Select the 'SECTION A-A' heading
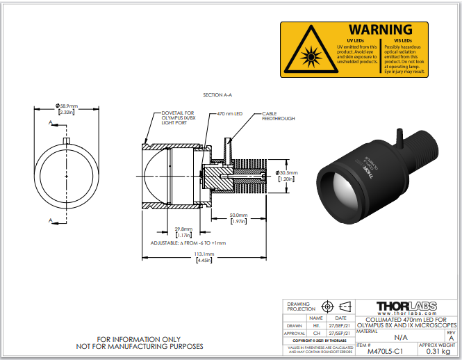point(217,95)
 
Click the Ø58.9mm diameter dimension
point(67,106)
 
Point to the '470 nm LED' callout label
point(229,113)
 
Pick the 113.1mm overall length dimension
point(204,254)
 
